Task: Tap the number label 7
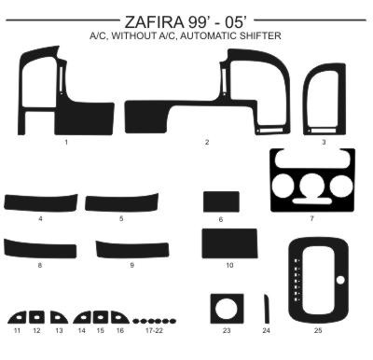point(311,218)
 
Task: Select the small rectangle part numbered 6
point(221,201)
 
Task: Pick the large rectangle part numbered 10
point(229,243)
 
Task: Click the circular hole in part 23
point(227,308)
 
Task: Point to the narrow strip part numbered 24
point(267,309)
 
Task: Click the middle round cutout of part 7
point(312,186)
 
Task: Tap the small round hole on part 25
point(340,280)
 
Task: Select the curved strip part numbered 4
point(40,202)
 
